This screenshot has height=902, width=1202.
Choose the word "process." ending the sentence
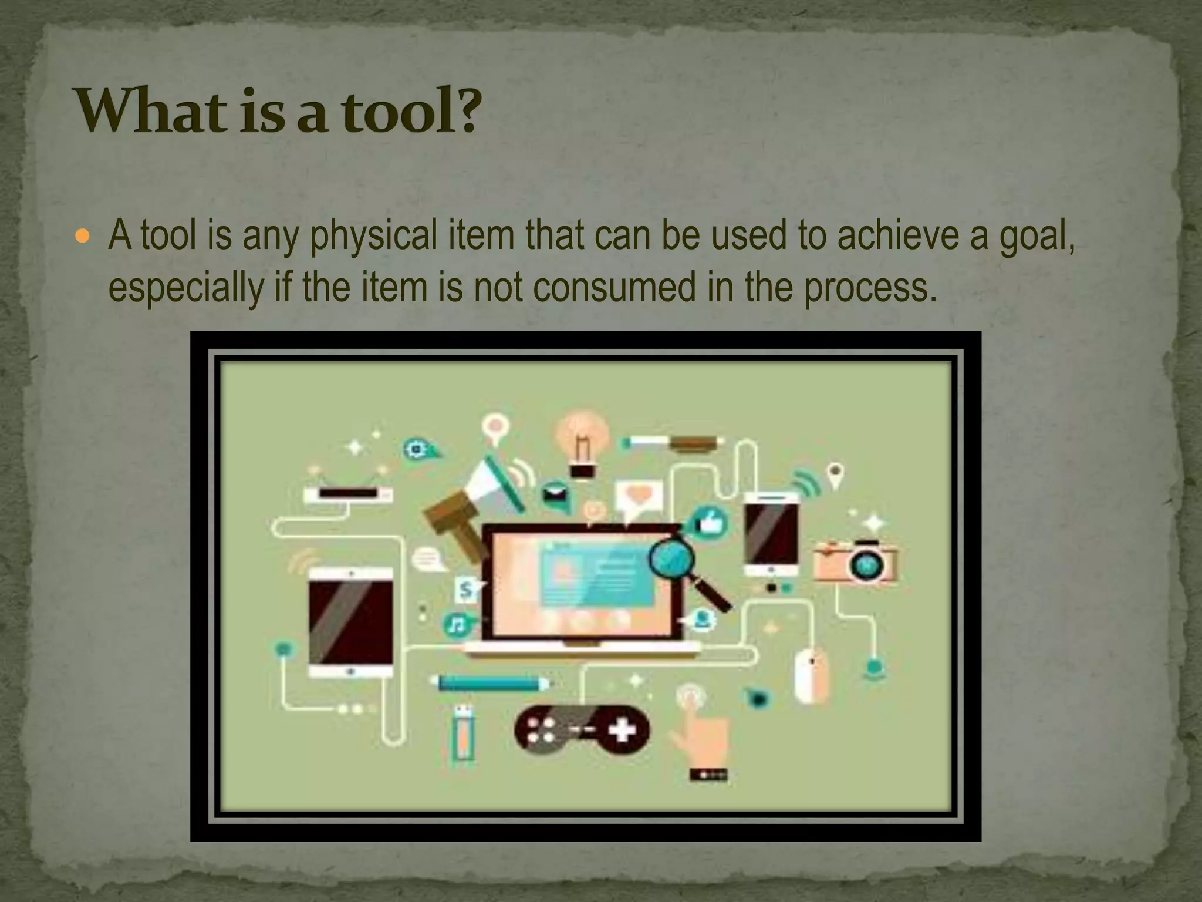(x=867, y=288)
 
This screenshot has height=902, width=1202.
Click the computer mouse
(x=811, y=675)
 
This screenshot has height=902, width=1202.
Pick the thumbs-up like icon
(x=711, y=522)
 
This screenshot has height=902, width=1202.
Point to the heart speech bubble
(x=638, y=497)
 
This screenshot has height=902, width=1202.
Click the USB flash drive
(x=463, y=734)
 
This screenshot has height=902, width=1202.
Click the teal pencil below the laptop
(x=491, y=684)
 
